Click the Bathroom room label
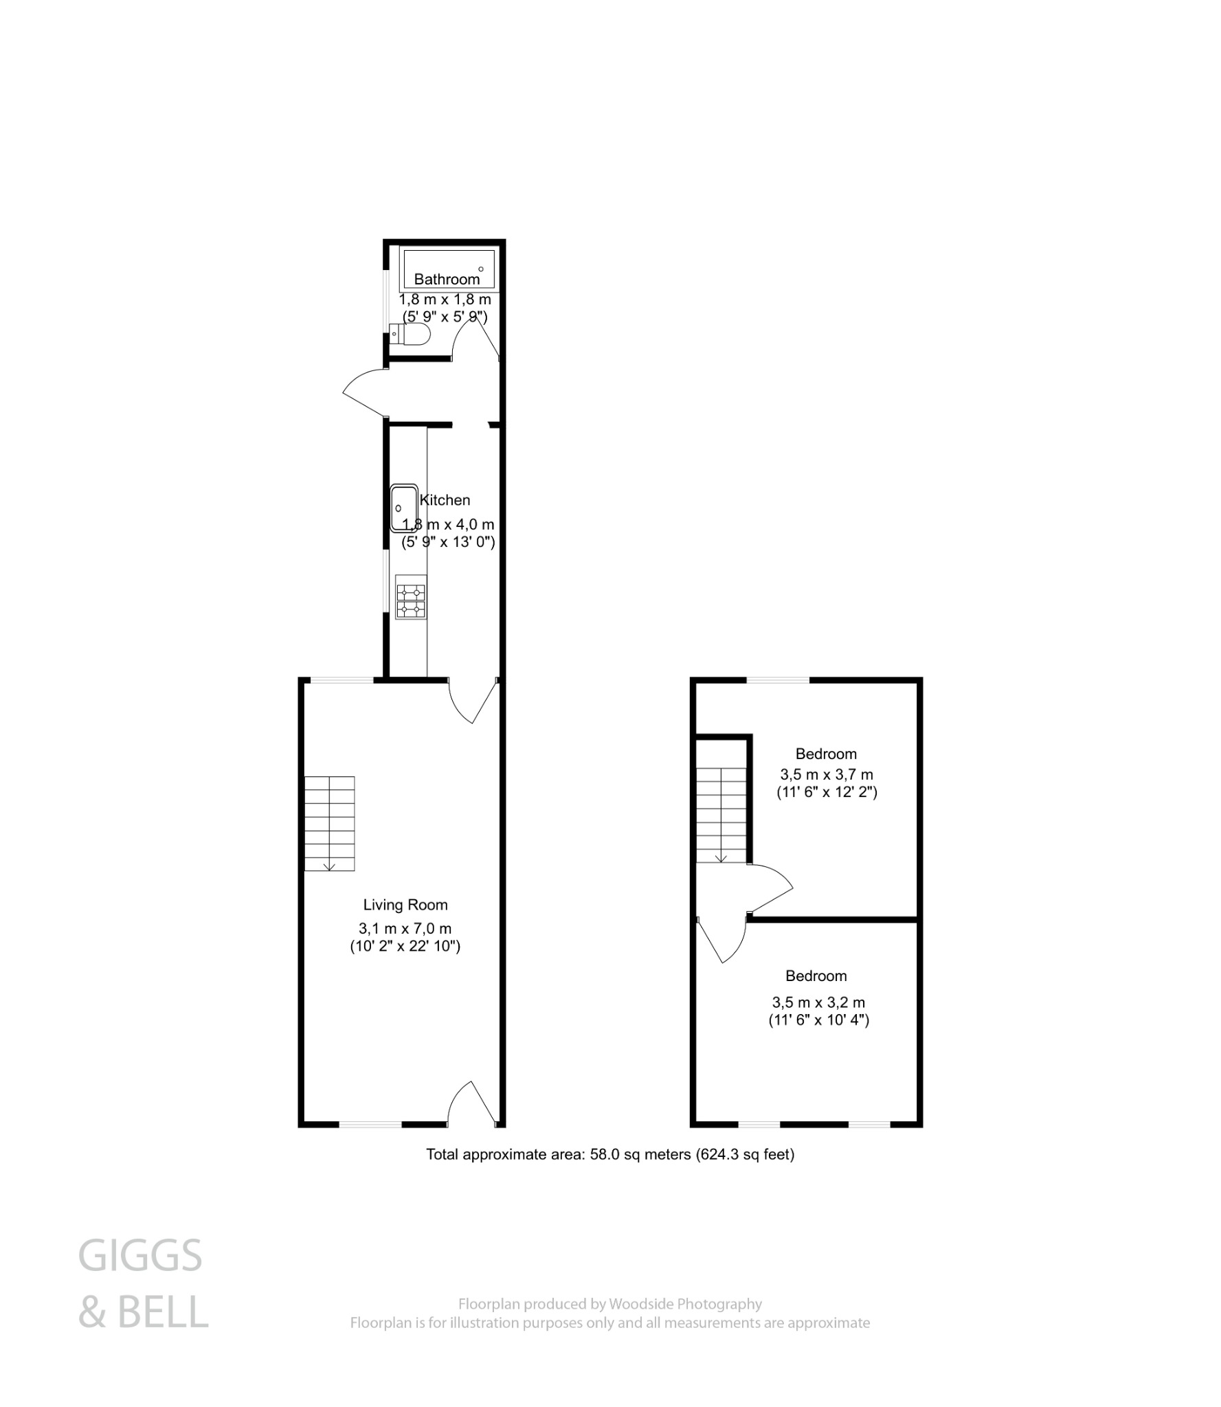pos(447,279)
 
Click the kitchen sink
pos(404,508)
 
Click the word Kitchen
pos(445,500)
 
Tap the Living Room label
pos(405,905)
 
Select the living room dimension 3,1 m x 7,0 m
pos(405,928)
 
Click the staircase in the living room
pos(330,823)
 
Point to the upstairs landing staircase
pos(721,815)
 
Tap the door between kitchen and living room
pos(473,700)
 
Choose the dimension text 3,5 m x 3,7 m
pos(826,774)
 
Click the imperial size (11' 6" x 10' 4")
pos(818,1020)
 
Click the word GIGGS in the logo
pos(140,1256)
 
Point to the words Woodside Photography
pos(685,1303)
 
